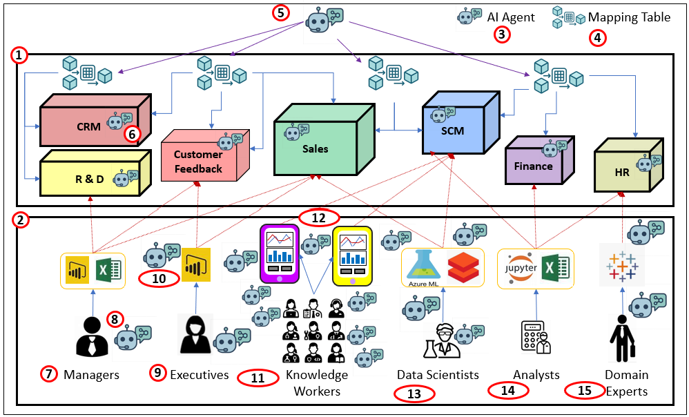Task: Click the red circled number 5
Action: [x=280, y=12]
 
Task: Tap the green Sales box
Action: [x=316, y=148]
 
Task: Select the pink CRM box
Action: [x=90, y=126]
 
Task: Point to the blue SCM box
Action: [x=453, y=130]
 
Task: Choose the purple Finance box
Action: [x=534, y=166]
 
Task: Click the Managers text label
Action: [x=91, y=375]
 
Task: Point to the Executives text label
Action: [x=200, y=375]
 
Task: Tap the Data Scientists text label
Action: [x=438, y=375]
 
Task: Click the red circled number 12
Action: [x=319, y=217]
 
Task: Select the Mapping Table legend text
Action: [x=629, y=17]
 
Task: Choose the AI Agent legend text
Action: [x=511, y=17]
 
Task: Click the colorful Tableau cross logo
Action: [x=622, y=267]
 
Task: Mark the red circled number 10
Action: [x=159, y=280]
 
